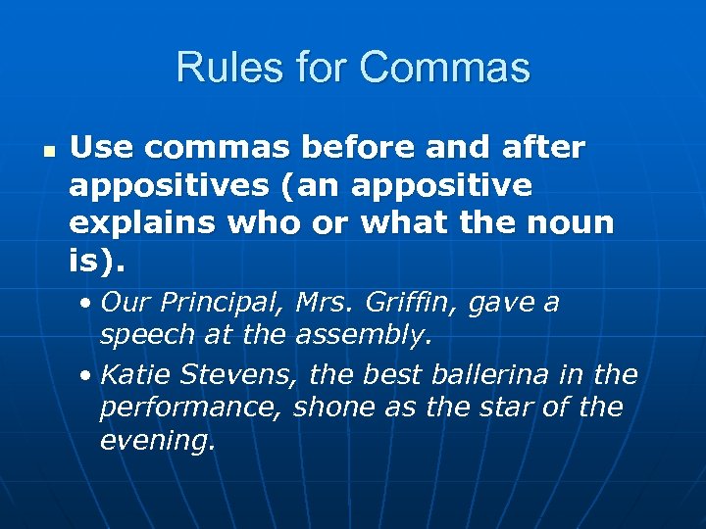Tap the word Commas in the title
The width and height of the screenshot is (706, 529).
point(445,68)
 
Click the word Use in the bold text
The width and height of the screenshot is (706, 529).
point(101,148)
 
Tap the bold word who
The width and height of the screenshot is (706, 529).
point(263,222)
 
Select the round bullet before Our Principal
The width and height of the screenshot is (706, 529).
point(87,304)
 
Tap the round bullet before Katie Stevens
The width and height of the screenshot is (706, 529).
point(87,375)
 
